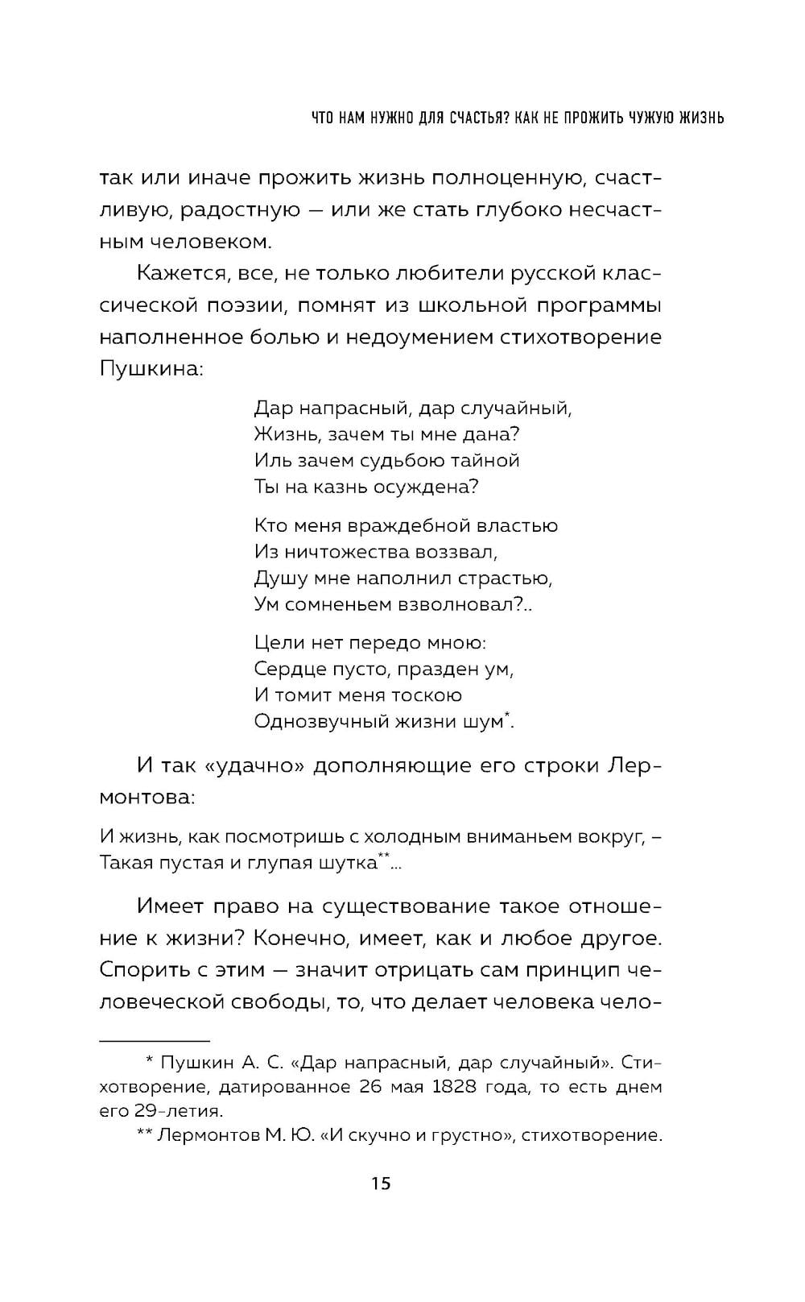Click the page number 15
pos(381,1184)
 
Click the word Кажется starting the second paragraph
pos(183,274)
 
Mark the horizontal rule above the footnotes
pos(154,1041)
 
